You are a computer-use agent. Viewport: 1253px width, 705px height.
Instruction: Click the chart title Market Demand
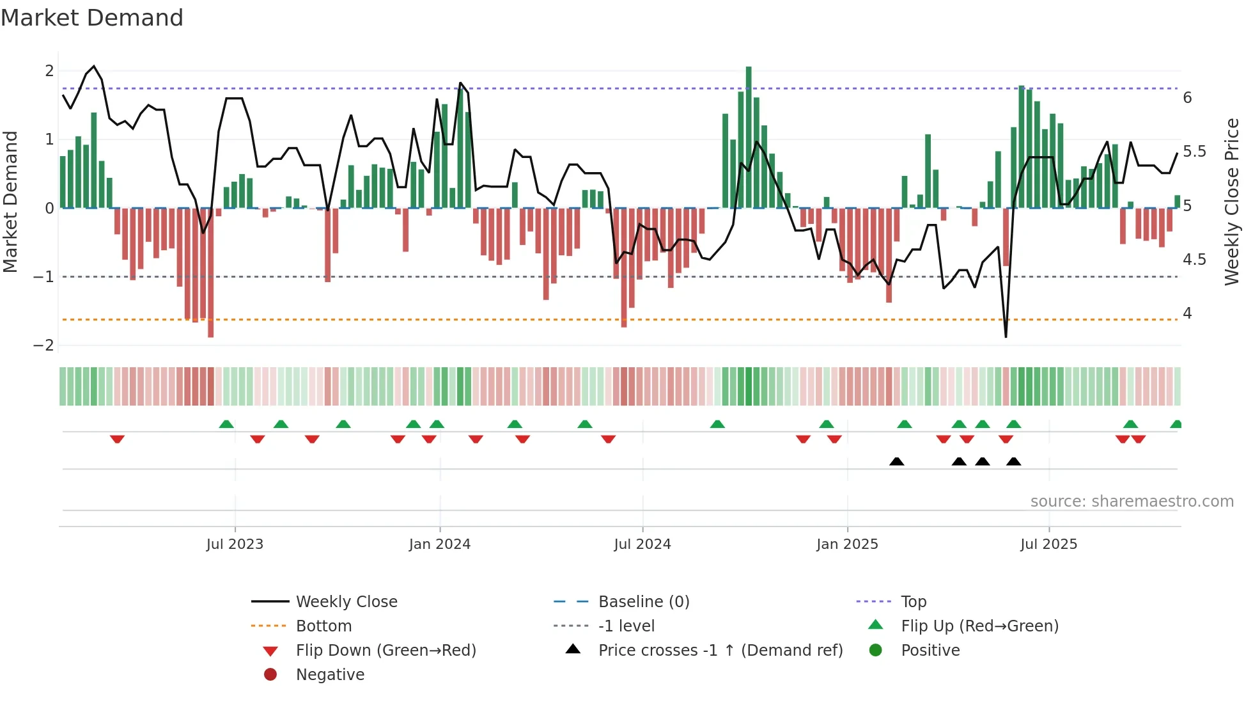tap(92, 18)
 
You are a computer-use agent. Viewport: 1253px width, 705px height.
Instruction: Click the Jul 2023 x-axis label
tap(235, 544)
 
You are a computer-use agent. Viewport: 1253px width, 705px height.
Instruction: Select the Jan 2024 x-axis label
tap(440, 544)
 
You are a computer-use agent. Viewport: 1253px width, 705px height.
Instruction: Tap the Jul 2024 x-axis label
tap(642, 544)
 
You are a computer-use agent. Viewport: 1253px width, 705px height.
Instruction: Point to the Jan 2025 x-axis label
tap(847, 544)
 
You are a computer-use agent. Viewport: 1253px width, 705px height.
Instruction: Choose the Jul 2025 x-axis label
tap(1048, 544)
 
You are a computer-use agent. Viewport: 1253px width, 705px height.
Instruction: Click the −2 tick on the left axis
tap(43, 345)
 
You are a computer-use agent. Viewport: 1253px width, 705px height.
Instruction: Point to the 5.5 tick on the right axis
tap(1194, 152)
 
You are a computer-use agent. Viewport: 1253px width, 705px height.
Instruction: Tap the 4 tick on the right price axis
tap(1187, 313)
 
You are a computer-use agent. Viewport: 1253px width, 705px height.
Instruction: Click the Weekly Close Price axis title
tap(1231, 202)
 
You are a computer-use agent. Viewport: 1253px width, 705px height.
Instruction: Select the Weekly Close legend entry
tap(346, 602)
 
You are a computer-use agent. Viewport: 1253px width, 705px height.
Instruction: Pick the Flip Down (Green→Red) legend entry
tap(385, 651)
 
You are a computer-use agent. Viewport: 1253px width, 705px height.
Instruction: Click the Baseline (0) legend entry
tap(643, 602)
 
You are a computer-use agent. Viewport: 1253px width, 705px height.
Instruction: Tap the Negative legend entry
tap(330, 675)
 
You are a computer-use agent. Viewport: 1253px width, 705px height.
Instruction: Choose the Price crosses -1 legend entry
tap(720, 651)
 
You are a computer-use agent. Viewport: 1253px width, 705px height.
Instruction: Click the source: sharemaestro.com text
tap(1132, 502)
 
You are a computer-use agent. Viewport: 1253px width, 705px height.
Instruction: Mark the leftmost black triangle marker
tap(896, 462)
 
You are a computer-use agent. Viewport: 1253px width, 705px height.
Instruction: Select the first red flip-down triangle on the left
tap(117, 439)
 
